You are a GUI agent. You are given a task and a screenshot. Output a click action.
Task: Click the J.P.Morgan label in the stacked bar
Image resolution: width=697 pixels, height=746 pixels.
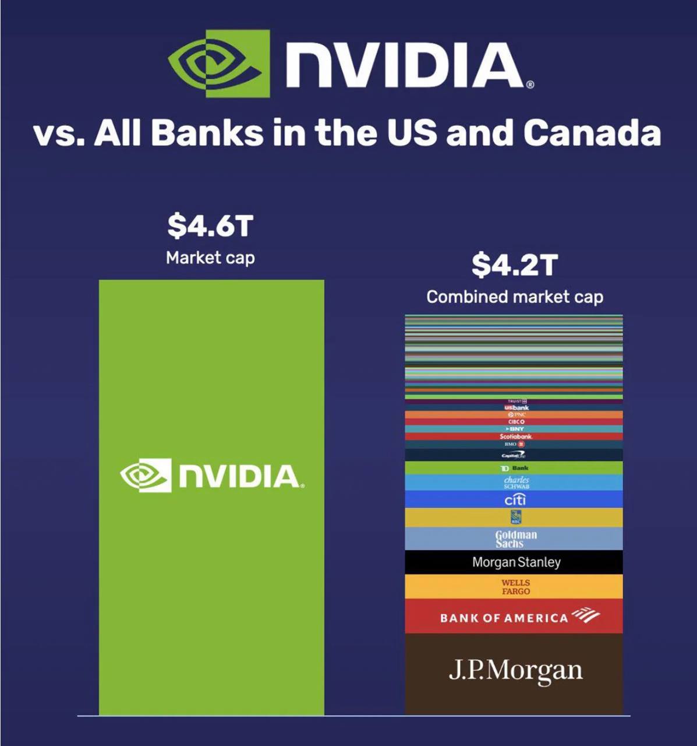(515, 671)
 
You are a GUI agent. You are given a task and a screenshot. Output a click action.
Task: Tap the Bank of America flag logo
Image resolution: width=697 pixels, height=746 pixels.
(585, 615)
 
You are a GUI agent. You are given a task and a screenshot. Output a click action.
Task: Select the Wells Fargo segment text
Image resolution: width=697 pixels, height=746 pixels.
(515, 587)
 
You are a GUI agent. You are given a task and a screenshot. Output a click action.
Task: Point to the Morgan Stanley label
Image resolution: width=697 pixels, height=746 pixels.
(516, 562)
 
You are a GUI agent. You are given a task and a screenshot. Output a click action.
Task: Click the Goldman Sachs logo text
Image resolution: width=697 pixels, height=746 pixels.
(516, 539)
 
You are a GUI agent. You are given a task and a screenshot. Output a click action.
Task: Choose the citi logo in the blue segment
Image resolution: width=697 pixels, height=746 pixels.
(515, 499)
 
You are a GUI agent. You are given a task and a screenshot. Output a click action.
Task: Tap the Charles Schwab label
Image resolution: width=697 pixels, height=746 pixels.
(516, 483)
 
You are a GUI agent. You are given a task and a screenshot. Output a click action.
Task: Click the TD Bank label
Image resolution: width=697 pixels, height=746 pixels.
(515, 468)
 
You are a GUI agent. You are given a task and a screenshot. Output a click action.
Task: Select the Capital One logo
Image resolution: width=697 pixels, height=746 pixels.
(514, 455)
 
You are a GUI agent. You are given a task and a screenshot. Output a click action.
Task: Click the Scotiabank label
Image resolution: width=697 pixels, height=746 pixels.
(516, 437)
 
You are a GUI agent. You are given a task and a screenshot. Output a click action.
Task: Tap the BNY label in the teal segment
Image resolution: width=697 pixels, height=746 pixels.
(515, 429)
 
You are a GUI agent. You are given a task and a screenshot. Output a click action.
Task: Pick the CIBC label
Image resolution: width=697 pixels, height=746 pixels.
(516, 421)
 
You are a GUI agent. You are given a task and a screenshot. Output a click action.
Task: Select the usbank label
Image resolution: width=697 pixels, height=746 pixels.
(516, 407)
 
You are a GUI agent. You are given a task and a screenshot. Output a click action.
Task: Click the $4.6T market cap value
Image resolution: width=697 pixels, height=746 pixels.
(210, 226)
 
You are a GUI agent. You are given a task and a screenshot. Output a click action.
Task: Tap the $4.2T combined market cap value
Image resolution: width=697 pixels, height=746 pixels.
(515, 265)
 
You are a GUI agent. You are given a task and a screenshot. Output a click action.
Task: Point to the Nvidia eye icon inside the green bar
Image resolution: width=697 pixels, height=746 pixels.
(146, 475)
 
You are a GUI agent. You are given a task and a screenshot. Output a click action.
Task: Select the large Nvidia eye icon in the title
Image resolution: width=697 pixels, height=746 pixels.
(219, 64)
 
